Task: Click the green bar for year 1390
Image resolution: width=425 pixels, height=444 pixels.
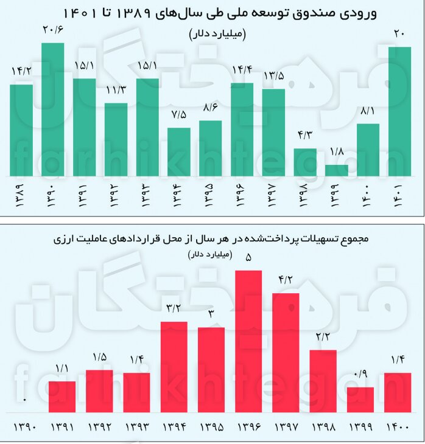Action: click(52, 109)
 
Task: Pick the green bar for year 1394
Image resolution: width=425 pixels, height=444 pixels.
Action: click(178, 152)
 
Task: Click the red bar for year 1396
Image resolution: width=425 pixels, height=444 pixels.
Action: click(248, 341)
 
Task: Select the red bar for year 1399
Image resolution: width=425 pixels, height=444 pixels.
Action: click(360, 400)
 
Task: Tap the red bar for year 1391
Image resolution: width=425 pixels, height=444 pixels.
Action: click(62, 397)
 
